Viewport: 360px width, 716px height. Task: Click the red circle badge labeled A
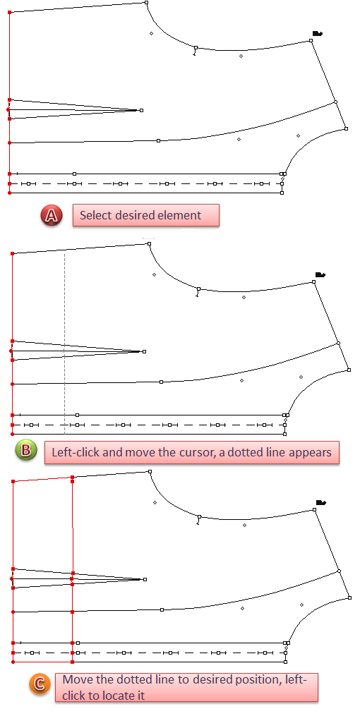[52, 216]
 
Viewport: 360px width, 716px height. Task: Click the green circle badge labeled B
[26, 451]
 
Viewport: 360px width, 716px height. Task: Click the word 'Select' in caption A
[95, 215]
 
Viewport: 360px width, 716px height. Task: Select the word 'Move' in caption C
[75, 679]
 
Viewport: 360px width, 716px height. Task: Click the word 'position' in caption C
[253, 679]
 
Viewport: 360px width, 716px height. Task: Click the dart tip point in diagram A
[141, 110]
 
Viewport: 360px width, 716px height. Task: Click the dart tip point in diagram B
[145, 351]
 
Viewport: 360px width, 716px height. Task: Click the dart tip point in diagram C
[145, 579]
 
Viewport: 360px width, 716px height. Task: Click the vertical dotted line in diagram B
[64, 342]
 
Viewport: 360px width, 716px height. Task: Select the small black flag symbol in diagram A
[318, 33]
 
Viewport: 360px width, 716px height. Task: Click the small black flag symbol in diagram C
[321, 503]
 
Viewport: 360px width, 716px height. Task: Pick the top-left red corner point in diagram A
[10, 12]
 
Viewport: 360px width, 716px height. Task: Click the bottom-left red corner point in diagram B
[12, 434]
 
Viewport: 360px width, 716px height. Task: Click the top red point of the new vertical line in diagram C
[73, 478]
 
